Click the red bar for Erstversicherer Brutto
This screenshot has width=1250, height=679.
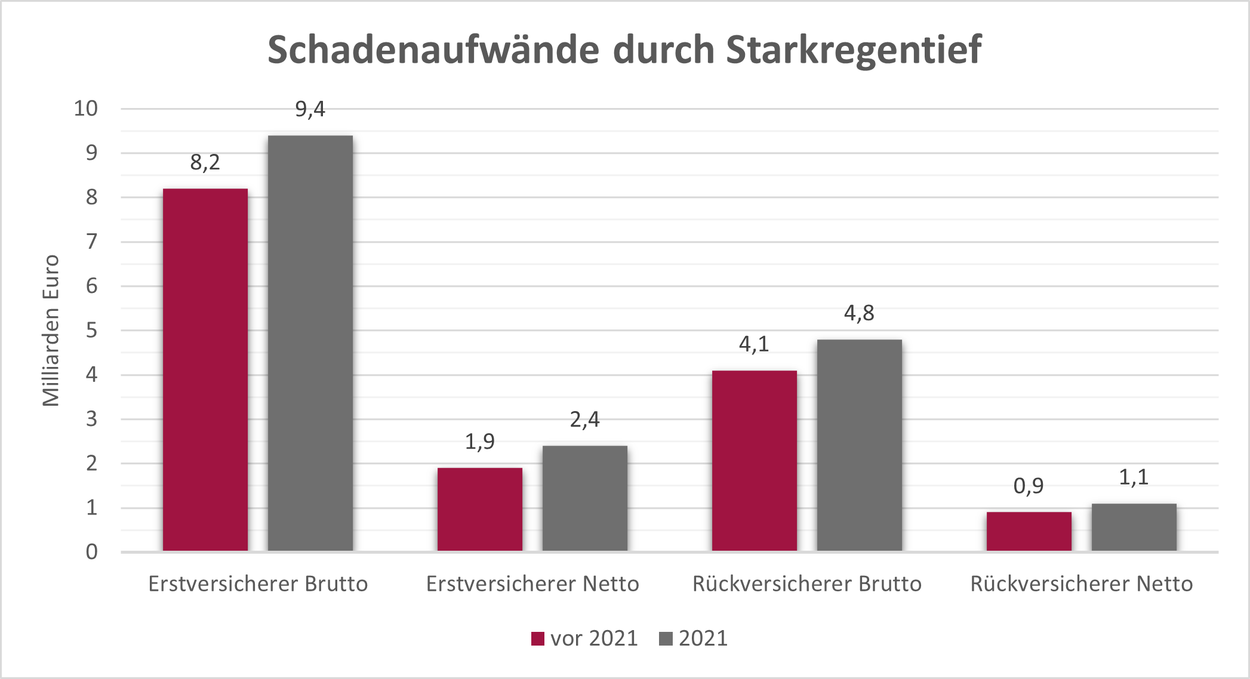(x=205, y=370)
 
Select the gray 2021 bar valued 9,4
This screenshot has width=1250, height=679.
(x=310, y=343)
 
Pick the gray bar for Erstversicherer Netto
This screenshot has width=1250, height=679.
(x=584, y=498)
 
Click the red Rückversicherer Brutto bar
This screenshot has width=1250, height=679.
(x=754, y=461)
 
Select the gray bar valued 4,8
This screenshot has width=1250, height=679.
(x=859, y=445)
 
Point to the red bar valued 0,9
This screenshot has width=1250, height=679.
(x=1029, y=531)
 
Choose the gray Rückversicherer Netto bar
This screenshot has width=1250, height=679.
(x=1134, y=527)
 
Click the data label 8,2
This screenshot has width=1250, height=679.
(x=205, y=162)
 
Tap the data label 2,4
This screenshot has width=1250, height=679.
(x=584, y=419)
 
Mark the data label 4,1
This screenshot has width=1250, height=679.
(x=754, y=344)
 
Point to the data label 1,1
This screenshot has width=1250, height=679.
(x=1134, y=477)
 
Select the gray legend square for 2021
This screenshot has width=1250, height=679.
(x=666, y=638)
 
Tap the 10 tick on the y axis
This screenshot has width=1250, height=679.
(x=85, y=109)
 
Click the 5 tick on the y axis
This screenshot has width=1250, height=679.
(x=91, y=330)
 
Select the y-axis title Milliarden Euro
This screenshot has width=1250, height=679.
(x=51, y=331)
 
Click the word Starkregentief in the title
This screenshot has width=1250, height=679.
(x=854, y=50)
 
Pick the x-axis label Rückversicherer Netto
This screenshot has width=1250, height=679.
(x=1081, y=584)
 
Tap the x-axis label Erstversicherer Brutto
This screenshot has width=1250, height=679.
(x=258, y=584)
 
